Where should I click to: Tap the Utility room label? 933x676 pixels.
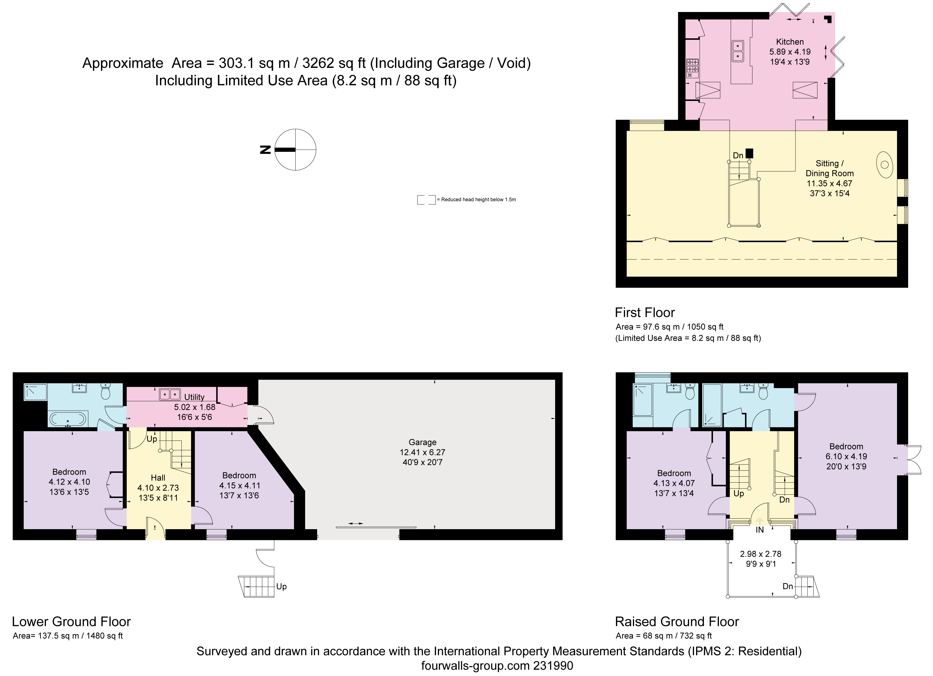[x=194, y=397]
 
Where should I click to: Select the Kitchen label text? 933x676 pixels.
[x=789, y=42]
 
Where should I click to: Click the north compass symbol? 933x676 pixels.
[x=295, y=150]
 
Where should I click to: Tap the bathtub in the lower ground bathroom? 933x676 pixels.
[x=68, y=419]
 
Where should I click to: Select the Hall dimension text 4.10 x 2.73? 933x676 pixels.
[x=158, y=488]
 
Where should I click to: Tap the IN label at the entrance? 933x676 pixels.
[x=759, y=530]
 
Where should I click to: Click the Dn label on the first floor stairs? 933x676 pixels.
[x=738, y=156]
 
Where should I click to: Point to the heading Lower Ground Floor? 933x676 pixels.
[x=71, y=622]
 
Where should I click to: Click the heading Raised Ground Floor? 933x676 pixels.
[x=677, y=622]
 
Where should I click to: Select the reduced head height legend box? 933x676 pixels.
[x=426, y=200]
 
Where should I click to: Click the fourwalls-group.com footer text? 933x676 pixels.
[x=497, y=666]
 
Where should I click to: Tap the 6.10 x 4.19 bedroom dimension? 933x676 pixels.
[x=846, y=457]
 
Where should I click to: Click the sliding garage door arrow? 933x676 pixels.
[x=355, y=523]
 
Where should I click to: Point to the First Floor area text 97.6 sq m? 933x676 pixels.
[x=669, y=327]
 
